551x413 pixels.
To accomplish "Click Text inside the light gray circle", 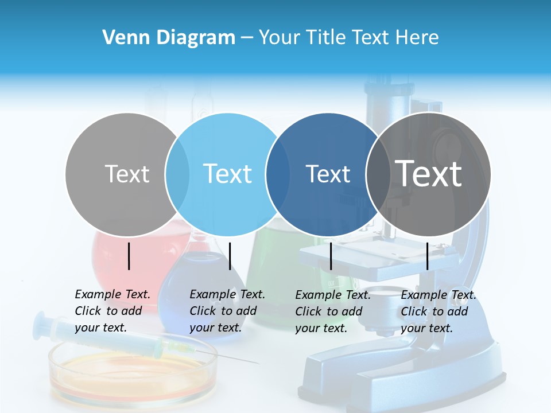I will [127, 174].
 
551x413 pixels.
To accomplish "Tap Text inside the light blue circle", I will [227, 174].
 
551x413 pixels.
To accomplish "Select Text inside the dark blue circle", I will [328, 174].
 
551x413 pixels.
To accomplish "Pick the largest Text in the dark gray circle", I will [429, 173].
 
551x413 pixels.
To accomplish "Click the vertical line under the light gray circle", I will [129, 256].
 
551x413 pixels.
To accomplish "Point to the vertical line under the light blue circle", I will [230, 256].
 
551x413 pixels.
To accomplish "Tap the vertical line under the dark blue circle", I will [331, 256].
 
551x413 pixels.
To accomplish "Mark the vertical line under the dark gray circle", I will [428, 256].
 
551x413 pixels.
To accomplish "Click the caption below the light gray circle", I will [112, 311].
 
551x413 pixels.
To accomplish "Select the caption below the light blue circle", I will [227, 311].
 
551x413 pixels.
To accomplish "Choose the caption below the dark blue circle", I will [332, 311].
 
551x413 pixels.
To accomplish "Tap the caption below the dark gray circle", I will [438, 311].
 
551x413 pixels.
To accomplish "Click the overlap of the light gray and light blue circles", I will [177, 174].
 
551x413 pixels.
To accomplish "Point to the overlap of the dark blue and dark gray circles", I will [377, 174].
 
